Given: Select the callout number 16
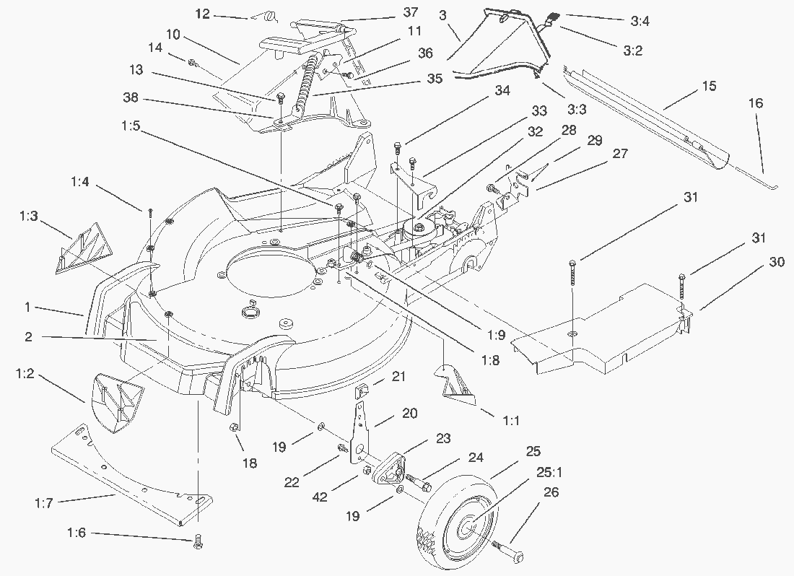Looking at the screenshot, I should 755,105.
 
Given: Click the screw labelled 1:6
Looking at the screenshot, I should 198,542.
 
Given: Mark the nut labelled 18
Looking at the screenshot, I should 235,429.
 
